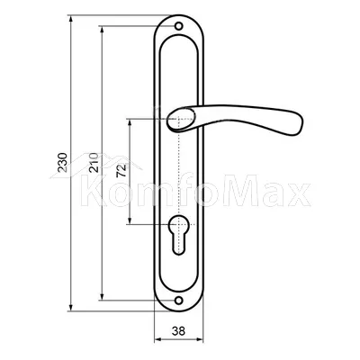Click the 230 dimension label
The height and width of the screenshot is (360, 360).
(x=62, y=162)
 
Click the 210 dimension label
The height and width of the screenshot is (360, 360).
(x=94, y=162)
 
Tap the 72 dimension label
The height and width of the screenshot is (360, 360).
(x=121, y=171)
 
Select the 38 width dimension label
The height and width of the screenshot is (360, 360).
(x=179, y=331)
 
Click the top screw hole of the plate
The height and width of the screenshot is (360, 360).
(x=179, y=26)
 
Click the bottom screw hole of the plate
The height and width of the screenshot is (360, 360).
(x=179, y=300)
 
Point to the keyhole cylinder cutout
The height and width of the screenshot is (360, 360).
(x=179, y=236)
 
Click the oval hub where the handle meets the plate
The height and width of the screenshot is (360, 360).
(x=181, y=120)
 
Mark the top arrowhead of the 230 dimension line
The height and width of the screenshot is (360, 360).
(x=71, y=19)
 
